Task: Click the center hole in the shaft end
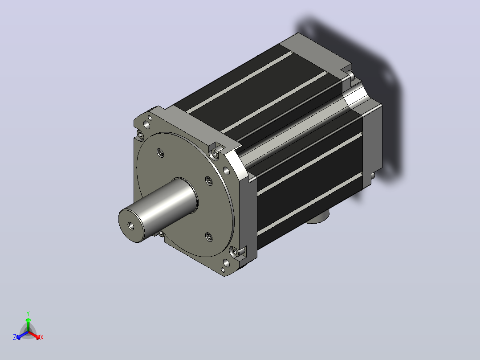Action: tap(131, 226)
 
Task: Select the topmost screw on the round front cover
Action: tap(160, 152)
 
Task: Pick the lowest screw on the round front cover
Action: tap(209, 237)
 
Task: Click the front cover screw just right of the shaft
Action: tap(209, 181)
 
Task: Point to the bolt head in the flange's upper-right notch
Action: tap(215, 154)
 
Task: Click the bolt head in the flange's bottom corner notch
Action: tap(236, 252)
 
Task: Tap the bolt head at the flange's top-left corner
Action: tap(140, 135)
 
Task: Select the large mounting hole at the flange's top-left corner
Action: tap(147, 124)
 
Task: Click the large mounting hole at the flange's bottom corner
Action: tap(226, 263)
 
